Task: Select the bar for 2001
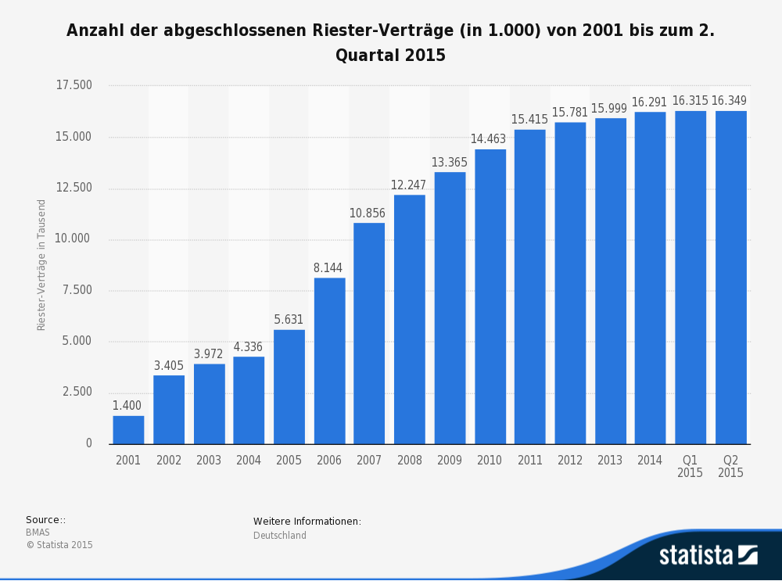pos(128,430)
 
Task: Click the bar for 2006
pos(330,361)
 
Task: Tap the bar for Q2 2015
pos(731,278)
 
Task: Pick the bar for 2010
pos(490,296)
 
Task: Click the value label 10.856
pos(367,213)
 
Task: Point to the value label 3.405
pos(169,365)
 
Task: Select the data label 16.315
pos(691,101)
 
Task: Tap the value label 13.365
pos(450,163)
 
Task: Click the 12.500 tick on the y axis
pos(74,188)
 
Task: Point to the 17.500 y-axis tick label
pos(74,85)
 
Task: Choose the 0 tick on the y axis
pos(89,443)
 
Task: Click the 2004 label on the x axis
pos(249,461)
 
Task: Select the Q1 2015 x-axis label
pos(690,466)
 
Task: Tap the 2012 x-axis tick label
pos(570,461)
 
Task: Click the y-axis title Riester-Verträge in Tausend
pos(41,265)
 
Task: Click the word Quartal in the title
pos(368,56)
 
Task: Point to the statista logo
pos(708,555)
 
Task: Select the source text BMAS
pos(38,533)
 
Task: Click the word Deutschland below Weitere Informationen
pos(280,536)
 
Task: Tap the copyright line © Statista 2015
pos(59,545)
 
